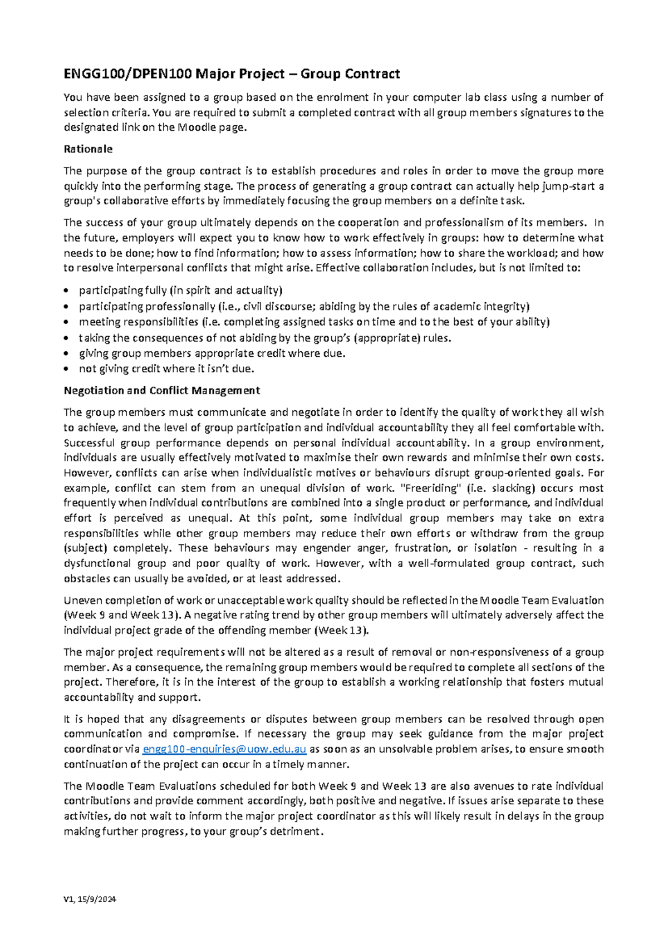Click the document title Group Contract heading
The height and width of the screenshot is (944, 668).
pos(232,74)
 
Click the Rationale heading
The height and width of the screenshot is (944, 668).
pos(88,149)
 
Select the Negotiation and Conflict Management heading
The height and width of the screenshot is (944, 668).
pos(161,391)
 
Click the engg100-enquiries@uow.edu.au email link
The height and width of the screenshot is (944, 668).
pos(224,749)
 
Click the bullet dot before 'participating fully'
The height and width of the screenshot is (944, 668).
pos(67,291)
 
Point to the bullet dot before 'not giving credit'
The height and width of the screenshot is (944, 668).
pos(67,369)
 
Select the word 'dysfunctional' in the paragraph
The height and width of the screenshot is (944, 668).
pos(97,563)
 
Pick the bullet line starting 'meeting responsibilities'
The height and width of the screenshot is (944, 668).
pos(314,322)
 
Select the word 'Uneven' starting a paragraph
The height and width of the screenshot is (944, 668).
pos(82,601)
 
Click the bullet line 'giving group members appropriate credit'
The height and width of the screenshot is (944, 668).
pos(212,353)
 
